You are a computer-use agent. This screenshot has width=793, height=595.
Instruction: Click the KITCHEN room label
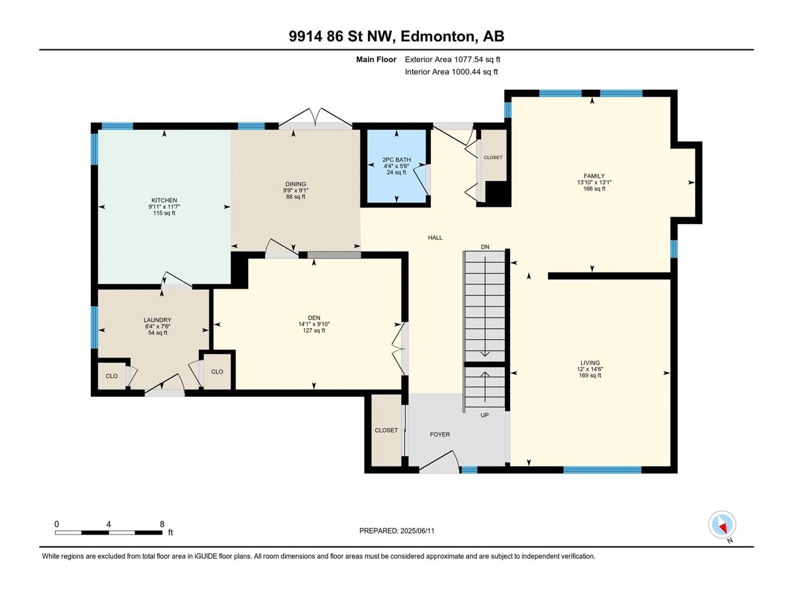tap(164, 200)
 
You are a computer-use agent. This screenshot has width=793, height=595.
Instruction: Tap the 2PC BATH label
tap(396, 160)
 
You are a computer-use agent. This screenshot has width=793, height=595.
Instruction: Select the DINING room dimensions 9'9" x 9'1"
tap(296, 190)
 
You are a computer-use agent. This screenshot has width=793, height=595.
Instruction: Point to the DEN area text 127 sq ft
tap(314, 330)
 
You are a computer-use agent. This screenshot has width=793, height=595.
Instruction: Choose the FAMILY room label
tap(594, 176)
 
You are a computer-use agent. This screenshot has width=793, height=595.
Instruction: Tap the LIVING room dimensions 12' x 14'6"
tap(590, 369)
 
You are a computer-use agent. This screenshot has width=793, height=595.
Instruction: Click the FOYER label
tap(440, 434)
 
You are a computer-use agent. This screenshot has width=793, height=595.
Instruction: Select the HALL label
tap(435, 237)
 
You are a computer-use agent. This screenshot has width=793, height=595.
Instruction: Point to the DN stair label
tap(485, 247)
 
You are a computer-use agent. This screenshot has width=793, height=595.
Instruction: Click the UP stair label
tap(485, 415)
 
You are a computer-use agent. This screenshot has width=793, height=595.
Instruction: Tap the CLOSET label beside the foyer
tap(386, 430)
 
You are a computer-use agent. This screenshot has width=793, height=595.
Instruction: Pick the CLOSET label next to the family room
tap(493, 157)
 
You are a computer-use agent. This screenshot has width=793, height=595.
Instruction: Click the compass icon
tap(722, 524)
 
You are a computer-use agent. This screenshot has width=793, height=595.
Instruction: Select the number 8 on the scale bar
tap(162, 524)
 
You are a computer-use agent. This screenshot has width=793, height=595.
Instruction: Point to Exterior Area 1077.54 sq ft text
tap(452, 59)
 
